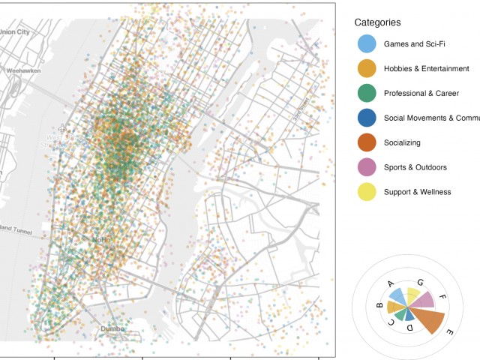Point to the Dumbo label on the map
tap(112, 328)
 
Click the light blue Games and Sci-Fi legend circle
tap(366, 43)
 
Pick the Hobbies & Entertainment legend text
tap(426, 68)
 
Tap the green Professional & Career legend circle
tap(366, 93)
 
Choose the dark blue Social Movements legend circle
tap(366, 118)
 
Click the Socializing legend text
tap(402, 142)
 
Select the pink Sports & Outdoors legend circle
tap(366, 167)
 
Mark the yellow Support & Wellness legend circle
tap(366, 192)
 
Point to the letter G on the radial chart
tap(420, 282)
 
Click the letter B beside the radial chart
tap(379, 305)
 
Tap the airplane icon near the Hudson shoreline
tap(61, 128)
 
